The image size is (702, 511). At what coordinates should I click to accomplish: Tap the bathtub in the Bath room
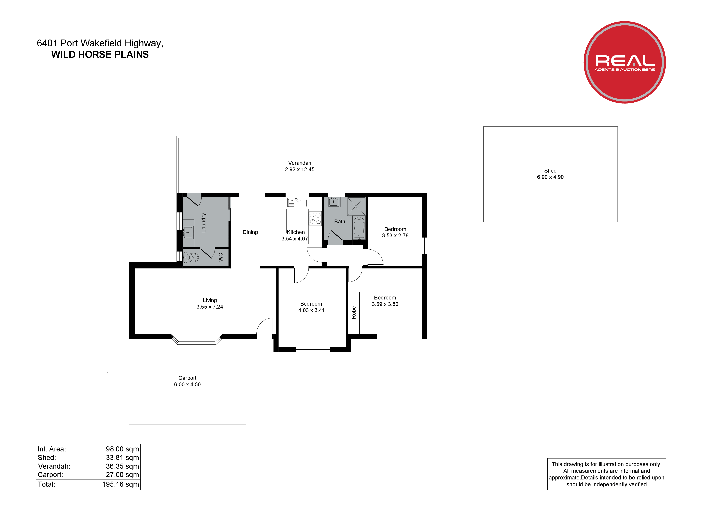click(359, 228)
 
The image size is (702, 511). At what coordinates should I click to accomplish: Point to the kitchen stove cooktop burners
click(315, 218)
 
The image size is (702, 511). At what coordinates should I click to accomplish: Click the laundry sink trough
click(188, 232)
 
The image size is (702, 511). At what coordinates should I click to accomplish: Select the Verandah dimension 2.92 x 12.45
click(300, 170)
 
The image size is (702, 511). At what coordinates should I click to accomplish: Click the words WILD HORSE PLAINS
click(100, 55)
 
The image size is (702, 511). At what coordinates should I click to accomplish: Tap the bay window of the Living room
click(197, 341)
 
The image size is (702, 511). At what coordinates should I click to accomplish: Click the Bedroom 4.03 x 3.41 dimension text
click(311, 310)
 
